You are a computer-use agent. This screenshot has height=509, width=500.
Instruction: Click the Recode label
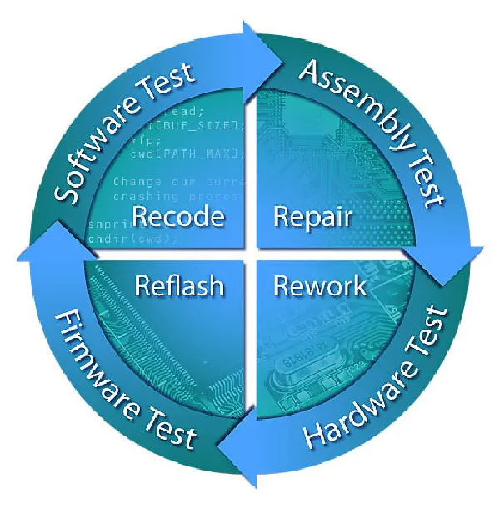[x=178, y=217]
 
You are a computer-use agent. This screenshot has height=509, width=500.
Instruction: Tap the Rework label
[x=320, y=286]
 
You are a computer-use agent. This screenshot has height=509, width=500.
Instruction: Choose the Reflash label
[x=179, y=286]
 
